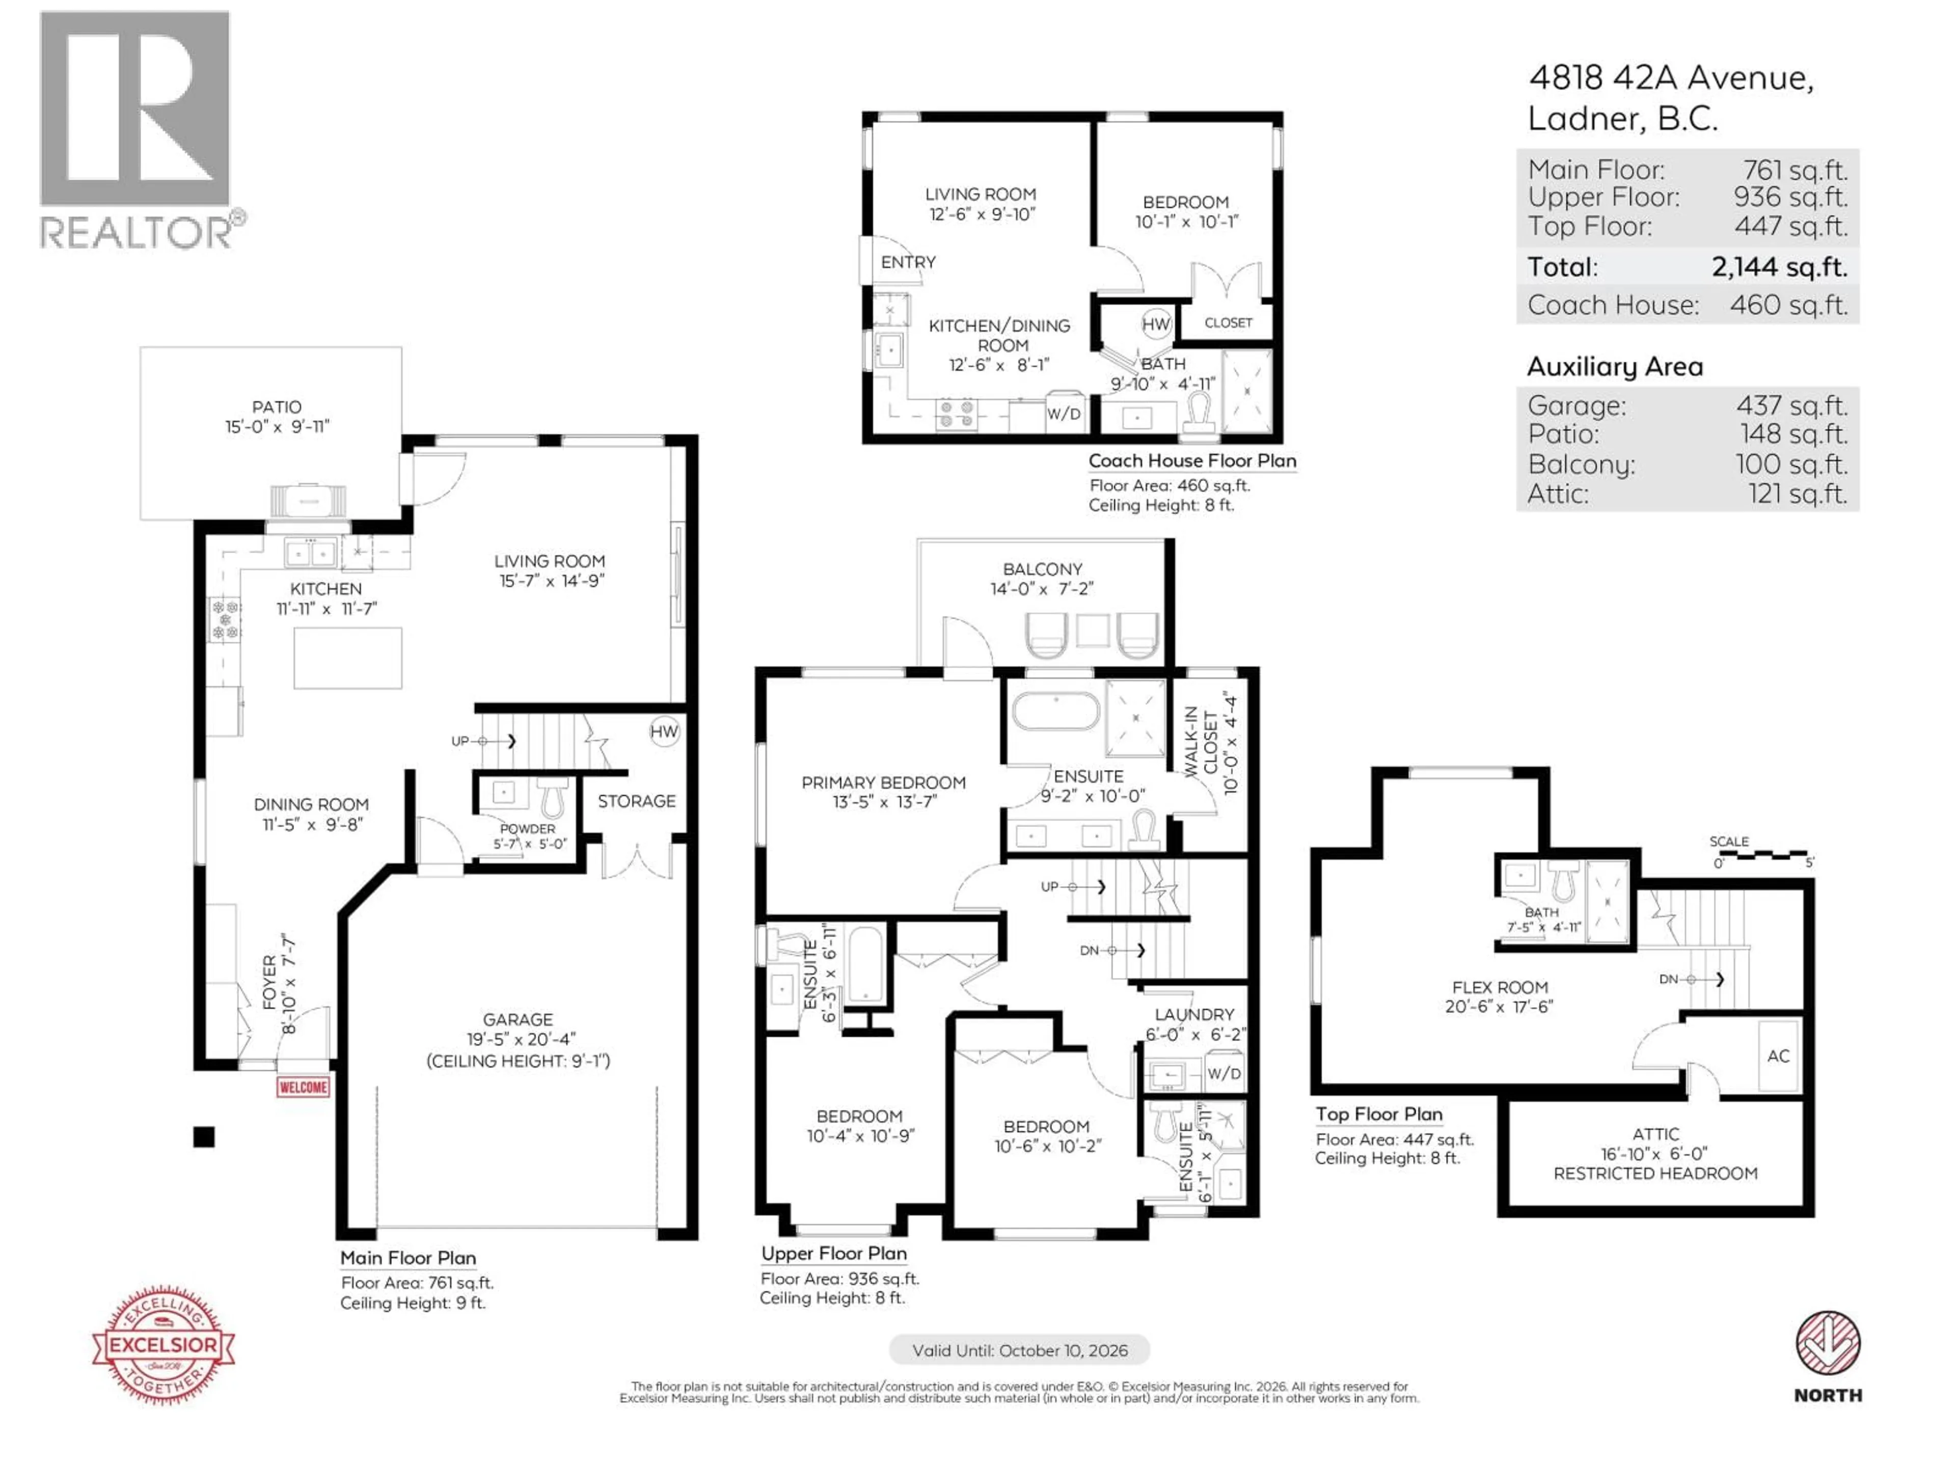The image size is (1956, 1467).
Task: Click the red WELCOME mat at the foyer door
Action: (x=303, y=1087)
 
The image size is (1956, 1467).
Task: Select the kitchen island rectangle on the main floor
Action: (x=347, y=658)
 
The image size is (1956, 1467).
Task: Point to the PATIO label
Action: (x=276, y=407)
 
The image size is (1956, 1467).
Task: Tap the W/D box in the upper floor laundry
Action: (x=1224, y=1073)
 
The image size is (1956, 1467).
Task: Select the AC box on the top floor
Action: (x=1778, y=1056)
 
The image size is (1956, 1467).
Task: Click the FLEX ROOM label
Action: (x=1500, y=987)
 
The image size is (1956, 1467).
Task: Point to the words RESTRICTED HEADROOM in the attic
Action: (x=1655, y=1174)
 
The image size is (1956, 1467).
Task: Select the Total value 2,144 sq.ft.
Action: (x=1779, y=266)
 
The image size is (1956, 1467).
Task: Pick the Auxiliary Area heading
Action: (x=1615, y=366)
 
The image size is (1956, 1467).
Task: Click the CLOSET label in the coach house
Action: (x=1228, y=323)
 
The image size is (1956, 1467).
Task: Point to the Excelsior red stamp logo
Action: (x=164, y=1345)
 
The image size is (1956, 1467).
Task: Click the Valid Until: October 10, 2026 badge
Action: (x=1020, y=1350)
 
